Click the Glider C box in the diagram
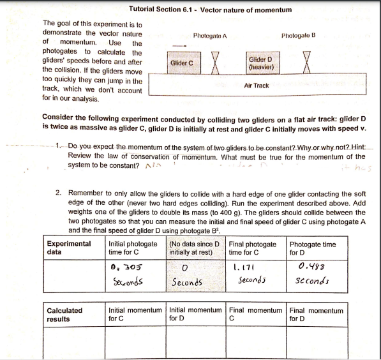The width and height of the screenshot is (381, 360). point(181,63)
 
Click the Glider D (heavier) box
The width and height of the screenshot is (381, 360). point(261,62)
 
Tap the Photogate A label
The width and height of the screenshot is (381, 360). point(211,36)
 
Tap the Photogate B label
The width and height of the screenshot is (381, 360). point(298,36)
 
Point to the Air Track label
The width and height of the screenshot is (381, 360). point(257,85)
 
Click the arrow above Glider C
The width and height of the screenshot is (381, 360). point(181,45)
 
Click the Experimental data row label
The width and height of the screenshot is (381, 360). point(69,248)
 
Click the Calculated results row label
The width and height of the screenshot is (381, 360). point(65,315)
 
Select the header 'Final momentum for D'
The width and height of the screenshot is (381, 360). point(316,315)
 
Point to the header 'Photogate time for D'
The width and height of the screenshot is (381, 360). point(313,248)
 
